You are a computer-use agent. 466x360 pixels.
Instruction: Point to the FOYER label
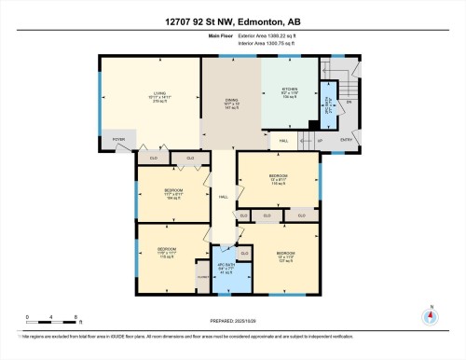click(118, 139)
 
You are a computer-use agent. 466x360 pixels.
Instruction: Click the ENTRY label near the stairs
click(348, 139)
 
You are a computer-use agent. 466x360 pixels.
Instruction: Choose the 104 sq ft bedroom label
click(172, 195)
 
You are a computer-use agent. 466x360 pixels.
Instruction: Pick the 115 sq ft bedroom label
click(167, 254)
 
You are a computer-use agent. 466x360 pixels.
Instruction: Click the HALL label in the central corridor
click(224, 197)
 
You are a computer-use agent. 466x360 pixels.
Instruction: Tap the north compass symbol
click(430, 315)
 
